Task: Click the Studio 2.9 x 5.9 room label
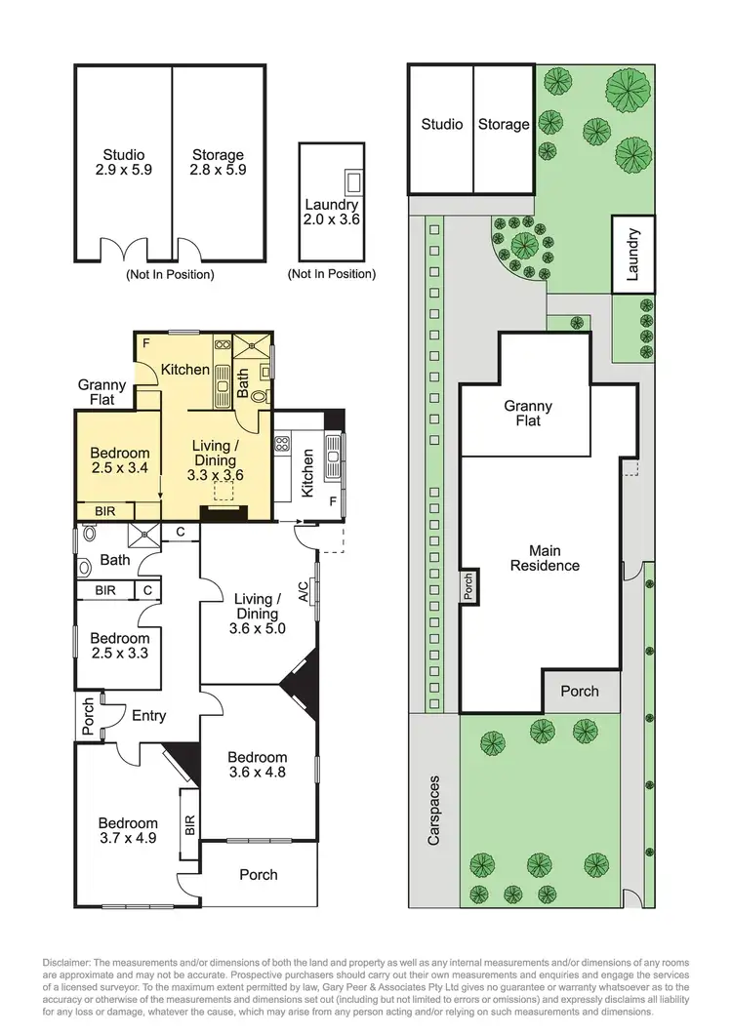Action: (124, 162)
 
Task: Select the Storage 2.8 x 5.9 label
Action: (218, 162)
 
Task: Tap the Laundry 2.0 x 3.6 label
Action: (332, 212)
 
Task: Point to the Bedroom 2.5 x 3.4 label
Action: (120, 460)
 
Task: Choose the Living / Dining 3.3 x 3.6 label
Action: (215, 460)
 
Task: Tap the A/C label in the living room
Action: (304, 590)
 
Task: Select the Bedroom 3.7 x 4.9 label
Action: (127, 831)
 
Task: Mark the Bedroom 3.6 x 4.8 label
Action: (258, 765)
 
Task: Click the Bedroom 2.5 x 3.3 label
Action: (119, 647)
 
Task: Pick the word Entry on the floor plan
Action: (148, 715)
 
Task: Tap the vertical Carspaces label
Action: (434, 810)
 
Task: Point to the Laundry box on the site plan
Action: (631, 254)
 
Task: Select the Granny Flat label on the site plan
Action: (528, 413)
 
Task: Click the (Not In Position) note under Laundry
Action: (332, 274)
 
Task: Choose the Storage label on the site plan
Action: (504, 124)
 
